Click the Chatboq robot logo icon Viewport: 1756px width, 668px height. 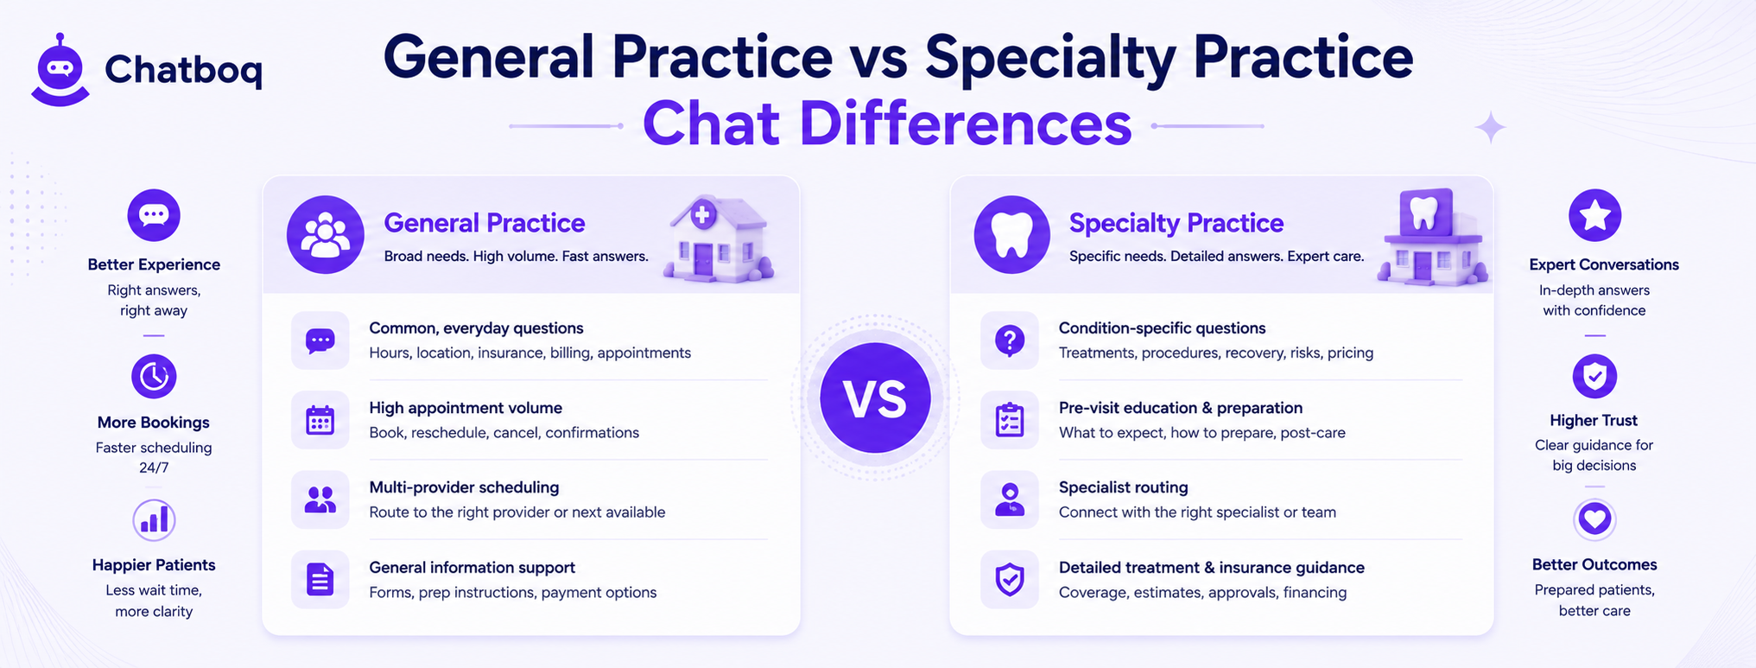(60, 70)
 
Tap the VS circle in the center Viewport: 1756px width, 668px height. (875, 398)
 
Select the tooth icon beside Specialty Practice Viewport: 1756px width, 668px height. (1011, 235)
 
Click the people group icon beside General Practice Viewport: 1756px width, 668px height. (326, 235)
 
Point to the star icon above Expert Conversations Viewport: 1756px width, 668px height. (1594, 215)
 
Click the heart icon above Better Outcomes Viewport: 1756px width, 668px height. (1594, 519)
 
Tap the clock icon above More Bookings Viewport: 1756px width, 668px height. (154, 376)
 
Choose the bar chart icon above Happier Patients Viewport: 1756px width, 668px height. (154, 520)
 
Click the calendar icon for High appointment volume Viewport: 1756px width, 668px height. (320, 420)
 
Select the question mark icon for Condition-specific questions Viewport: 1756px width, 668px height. (1010, 340)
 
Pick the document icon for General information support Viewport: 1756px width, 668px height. (320, 579)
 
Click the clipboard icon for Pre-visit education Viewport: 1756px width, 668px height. (1010, 420)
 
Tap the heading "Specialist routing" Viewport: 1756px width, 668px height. (1123, 487)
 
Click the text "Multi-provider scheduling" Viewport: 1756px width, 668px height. (464, 487)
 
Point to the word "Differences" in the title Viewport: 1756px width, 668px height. (966, 124)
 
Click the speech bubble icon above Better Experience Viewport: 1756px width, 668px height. (154, 215)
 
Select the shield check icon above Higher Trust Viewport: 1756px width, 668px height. (1594, 376)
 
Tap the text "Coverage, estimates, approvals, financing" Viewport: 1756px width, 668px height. (1202, 593)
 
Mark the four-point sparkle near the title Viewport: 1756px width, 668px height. (1490, 128)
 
